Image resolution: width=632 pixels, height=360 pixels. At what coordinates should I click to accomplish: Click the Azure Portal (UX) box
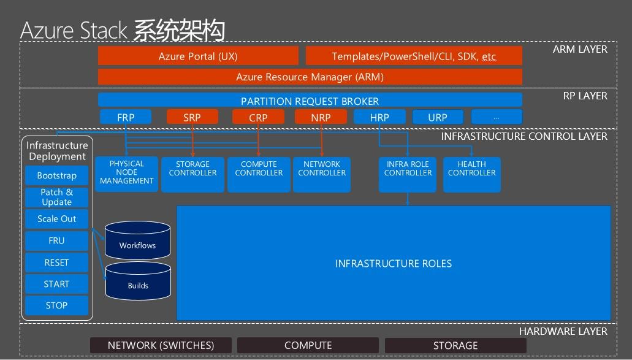[x=198, y=56]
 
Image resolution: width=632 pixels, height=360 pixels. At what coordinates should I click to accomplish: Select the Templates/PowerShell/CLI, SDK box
[x=414, y=56]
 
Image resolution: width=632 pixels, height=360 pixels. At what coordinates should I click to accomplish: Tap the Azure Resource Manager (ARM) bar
[x=310, y=77]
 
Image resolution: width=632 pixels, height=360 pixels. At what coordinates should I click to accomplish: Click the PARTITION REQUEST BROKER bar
[x=310, y=101]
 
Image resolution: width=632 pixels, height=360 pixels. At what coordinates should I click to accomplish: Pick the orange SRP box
[x=192, y=117]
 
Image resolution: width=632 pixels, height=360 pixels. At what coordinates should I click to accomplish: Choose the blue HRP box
[x=379, y=117]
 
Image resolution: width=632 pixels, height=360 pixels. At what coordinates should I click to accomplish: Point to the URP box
[x=438, y=117]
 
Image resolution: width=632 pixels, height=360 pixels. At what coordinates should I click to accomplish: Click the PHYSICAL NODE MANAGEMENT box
[x=127, y=174]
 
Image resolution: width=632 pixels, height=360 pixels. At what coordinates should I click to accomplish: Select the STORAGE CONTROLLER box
[x=192, y=174]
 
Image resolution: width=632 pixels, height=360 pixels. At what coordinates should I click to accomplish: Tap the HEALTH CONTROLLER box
[x=471, y=174]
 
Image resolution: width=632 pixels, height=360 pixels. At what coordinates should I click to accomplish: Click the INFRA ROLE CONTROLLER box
[x=408, y=174]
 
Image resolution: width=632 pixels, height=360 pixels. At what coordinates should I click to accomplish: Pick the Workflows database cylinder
[x=138, y=240]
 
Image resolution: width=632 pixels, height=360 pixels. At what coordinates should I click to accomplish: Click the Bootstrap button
[x=56, y=175]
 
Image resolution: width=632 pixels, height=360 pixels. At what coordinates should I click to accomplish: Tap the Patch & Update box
[x=56, y=197]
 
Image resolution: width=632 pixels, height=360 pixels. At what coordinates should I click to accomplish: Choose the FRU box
[x=56, y=241]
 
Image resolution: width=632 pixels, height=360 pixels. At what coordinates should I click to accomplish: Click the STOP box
[x=56, y=305]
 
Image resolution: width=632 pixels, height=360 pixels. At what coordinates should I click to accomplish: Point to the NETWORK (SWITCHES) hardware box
[x=161, y=345]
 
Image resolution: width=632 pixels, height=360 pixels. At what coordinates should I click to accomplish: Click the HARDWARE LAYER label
[x=563, y=331]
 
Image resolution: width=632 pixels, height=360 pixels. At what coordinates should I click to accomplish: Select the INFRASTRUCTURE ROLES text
[x=393, y=264]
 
